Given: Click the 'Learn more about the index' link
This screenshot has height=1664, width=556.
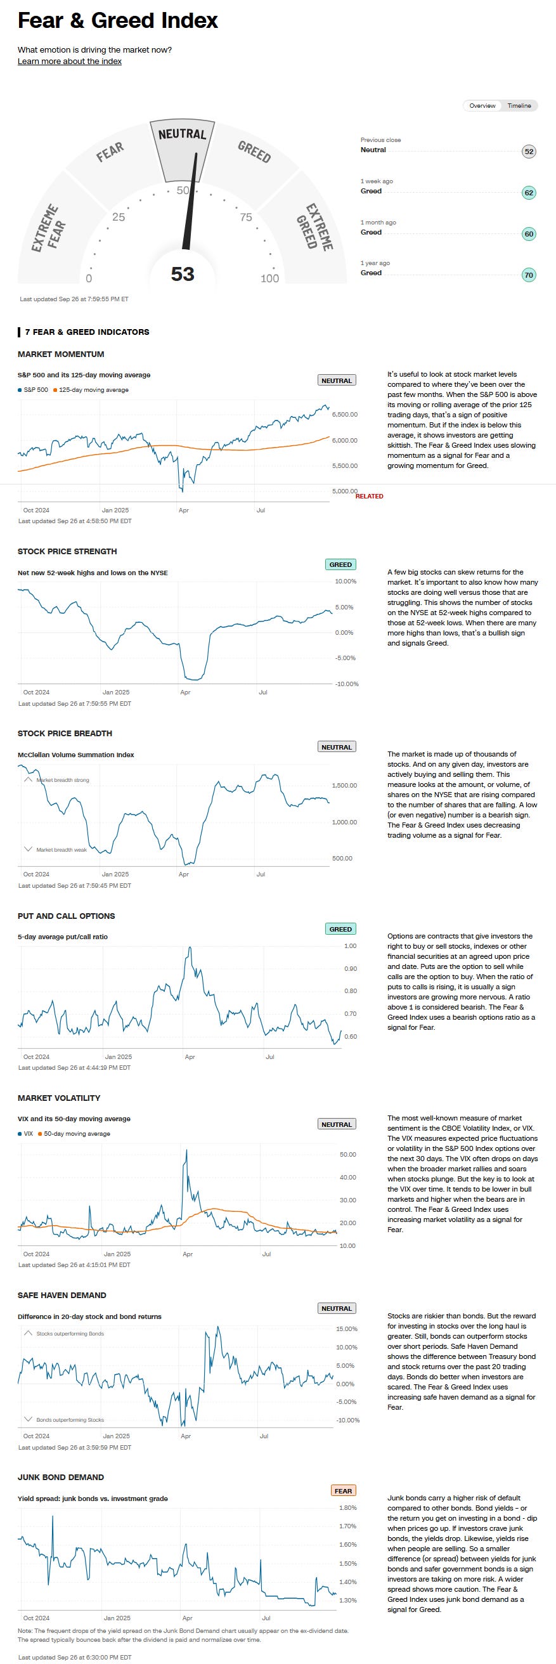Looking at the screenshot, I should pos(70,62).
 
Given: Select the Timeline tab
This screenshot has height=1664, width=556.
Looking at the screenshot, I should pos(519,105).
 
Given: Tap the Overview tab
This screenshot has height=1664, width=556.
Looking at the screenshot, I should pos(482,105).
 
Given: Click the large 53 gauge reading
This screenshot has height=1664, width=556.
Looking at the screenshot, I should pos(182,274).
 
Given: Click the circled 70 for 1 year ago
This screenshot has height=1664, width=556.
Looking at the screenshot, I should pos(528,275).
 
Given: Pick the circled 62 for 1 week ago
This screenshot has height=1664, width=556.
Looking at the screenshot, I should pos(528,193).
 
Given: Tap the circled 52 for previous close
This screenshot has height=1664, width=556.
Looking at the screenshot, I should pos(528,152).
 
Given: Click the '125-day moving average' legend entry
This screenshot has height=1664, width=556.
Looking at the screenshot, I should pos(93,390).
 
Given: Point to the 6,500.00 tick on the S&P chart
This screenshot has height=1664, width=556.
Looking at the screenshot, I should pos(344,414).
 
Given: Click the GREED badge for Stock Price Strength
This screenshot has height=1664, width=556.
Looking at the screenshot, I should pos(340,564).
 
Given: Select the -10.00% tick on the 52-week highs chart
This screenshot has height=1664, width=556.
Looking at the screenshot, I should pos(347,684).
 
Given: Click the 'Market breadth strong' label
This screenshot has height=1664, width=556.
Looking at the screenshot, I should pos(63,779).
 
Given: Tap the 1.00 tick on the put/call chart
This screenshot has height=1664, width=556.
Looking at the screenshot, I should pos(350,946).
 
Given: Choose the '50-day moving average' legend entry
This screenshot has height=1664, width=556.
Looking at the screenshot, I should pos(77,1134).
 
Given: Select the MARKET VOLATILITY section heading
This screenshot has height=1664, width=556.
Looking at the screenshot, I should pos(59,1098).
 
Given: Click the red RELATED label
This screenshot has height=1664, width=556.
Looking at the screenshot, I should pos(369,496).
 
